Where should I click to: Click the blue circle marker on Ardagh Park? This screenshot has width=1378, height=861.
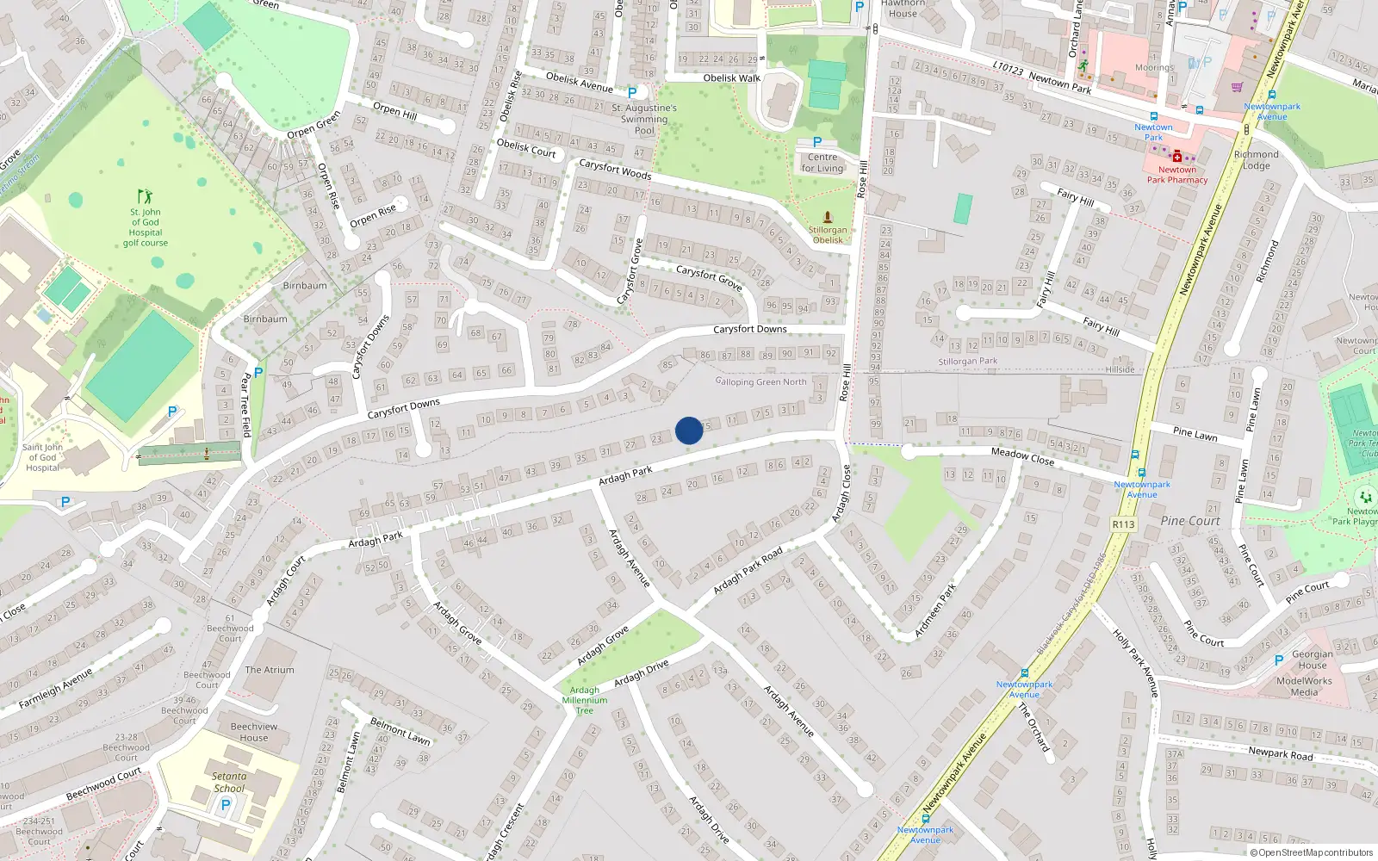pos(689,430)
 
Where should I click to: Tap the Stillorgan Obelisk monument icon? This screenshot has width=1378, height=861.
pos(828,217)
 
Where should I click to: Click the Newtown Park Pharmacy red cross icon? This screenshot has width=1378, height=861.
pos(1177,157)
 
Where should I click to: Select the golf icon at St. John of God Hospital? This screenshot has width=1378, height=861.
pos(145,197)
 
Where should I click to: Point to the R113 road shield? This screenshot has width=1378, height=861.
pos(1123,523)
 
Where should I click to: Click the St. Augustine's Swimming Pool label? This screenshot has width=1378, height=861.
pos(644,120)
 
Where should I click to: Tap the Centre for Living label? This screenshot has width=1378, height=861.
pos(822,163)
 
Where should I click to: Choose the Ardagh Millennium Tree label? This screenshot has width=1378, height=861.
pos(585,700)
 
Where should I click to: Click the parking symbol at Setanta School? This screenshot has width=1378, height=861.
pos(226,805)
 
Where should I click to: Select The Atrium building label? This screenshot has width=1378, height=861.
pos(270,670)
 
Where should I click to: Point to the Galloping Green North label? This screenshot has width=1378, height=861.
pos(761,381)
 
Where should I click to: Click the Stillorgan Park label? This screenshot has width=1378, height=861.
pos(968,362)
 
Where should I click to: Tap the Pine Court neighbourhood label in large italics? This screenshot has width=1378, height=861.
pos(1190,521)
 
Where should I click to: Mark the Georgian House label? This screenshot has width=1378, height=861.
pos(1313,660)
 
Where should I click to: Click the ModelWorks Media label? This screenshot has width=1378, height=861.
pos(1304,686)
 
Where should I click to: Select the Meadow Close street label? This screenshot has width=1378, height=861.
pos(1022,455)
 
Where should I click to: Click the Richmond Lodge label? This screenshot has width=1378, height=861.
pos(1256,160)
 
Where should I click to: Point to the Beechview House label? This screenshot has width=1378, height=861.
pos(254,732)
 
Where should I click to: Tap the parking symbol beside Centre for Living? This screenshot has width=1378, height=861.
pos(817,142)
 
